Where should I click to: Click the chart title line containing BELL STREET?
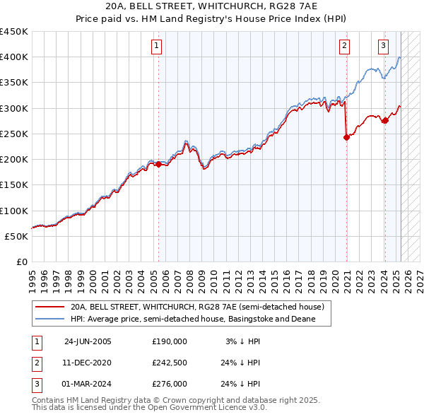click(x=211, y=6)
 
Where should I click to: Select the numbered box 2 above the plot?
click(x=344, y=47)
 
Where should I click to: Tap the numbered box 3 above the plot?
click(x=383, y=47)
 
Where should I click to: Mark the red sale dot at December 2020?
click(x=346, y=138)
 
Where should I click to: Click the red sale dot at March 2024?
click(x=385, y=121)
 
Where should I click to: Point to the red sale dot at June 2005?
click(x=158, y=165)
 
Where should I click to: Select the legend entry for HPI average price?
click(x=191, y=319)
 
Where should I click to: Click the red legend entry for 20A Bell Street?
click(x=196, y=307)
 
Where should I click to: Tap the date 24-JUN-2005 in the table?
click(x=88, y=341)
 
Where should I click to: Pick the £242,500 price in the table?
click(x=169, y=363)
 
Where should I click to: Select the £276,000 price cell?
click(x=169, y=384)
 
